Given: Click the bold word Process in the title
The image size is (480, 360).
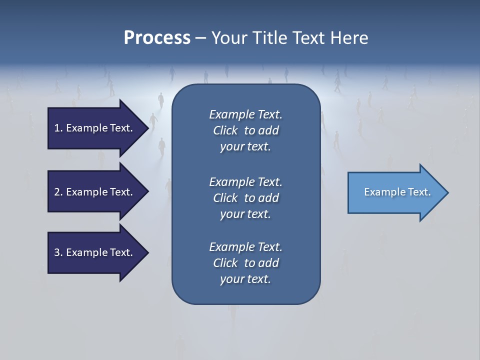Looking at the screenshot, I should [x=157, y=37].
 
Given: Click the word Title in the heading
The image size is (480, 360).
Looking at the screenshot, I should [x=269, y=37].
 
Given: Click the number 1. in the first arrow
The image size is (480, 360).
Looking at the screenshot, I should [x=58, y=128].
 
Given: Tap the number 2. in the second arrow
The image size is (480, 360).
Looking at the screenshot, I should [x=58, y=192].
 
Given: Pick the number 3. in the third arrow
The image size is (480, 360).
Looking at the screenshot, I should [x=58, y=252].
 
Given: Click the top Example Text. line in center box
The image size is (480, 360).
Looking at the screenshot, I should [x=245, y=114].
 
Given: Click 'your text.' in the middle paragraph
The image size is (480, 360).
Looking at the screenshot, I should [x=245, y=214].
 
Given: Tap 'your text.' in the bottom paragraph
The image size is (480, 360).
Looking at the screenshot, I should [x=245, y=279].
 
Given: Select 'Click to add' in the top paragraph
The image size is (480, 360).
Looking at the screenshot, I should [x=245, y=130].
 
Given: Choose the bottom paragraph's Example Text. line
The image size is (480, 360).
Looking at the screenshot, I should [x=245, y=247].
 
